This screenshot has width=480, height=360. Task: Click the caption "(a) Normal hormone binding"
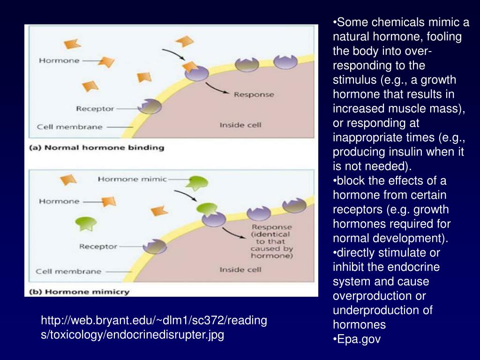coord(97,148)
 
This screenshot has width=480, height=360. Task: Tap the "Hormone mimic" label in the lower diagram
coord(132,179)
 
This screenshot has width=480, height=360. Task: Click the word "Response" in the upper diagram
coord(254,94)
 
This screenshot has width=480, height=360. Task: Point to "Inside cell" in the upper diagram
coord(240,125)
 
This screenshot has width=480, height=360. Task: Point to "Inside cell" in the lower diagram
coord(240,270)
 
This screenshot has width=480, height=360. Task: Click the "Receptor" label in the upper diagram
coord(95,109)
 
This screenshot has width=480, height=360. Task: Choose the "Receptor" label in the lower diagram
coord(98,247)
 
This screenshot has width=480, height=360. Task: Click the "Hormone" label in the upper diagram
coord(59,60)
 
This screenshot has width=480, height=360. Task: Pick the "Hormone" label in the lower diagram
coord(59,201)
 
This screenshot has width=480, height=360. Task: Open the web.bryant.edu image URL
coord(154,328)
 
